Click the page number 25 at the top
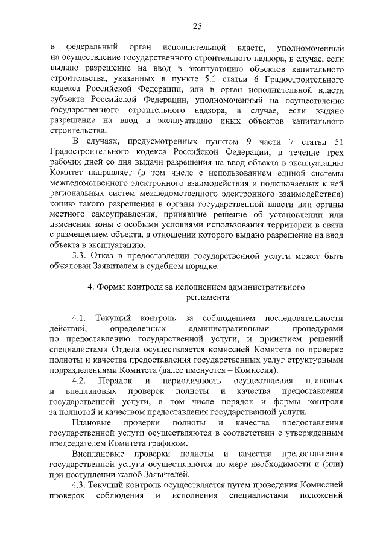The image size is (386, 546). (197, 25)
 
